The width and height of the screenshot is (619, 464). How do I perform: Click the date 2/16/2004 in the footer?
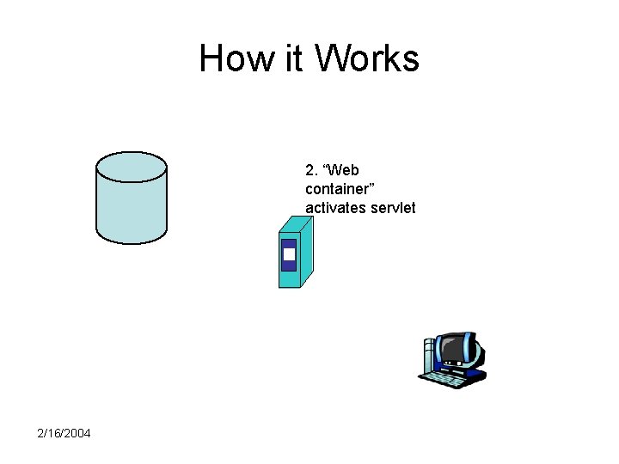pyautogui.click(x=64, y=432)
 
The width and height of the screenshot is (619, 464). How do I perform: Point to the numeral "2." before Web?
pyautogui.click(x=311, y=170)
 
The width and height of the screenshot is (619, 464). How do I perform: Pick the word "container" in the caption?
pyautogui.click(x=335, y=189)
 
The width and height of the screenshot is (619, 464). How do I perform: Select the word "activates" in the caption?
pyautogui.click(x=332, y=208)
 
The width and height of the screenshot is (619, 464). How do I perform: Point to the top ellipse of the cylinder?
pyautogui.click(x=131, y=166)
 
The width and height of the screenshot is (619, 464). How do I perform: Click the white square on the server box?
pyautogui.click(x=289, y=254)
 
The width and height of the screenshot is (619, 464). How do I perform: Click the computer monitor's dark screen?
pyautogui.click(x=453, y=349)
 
